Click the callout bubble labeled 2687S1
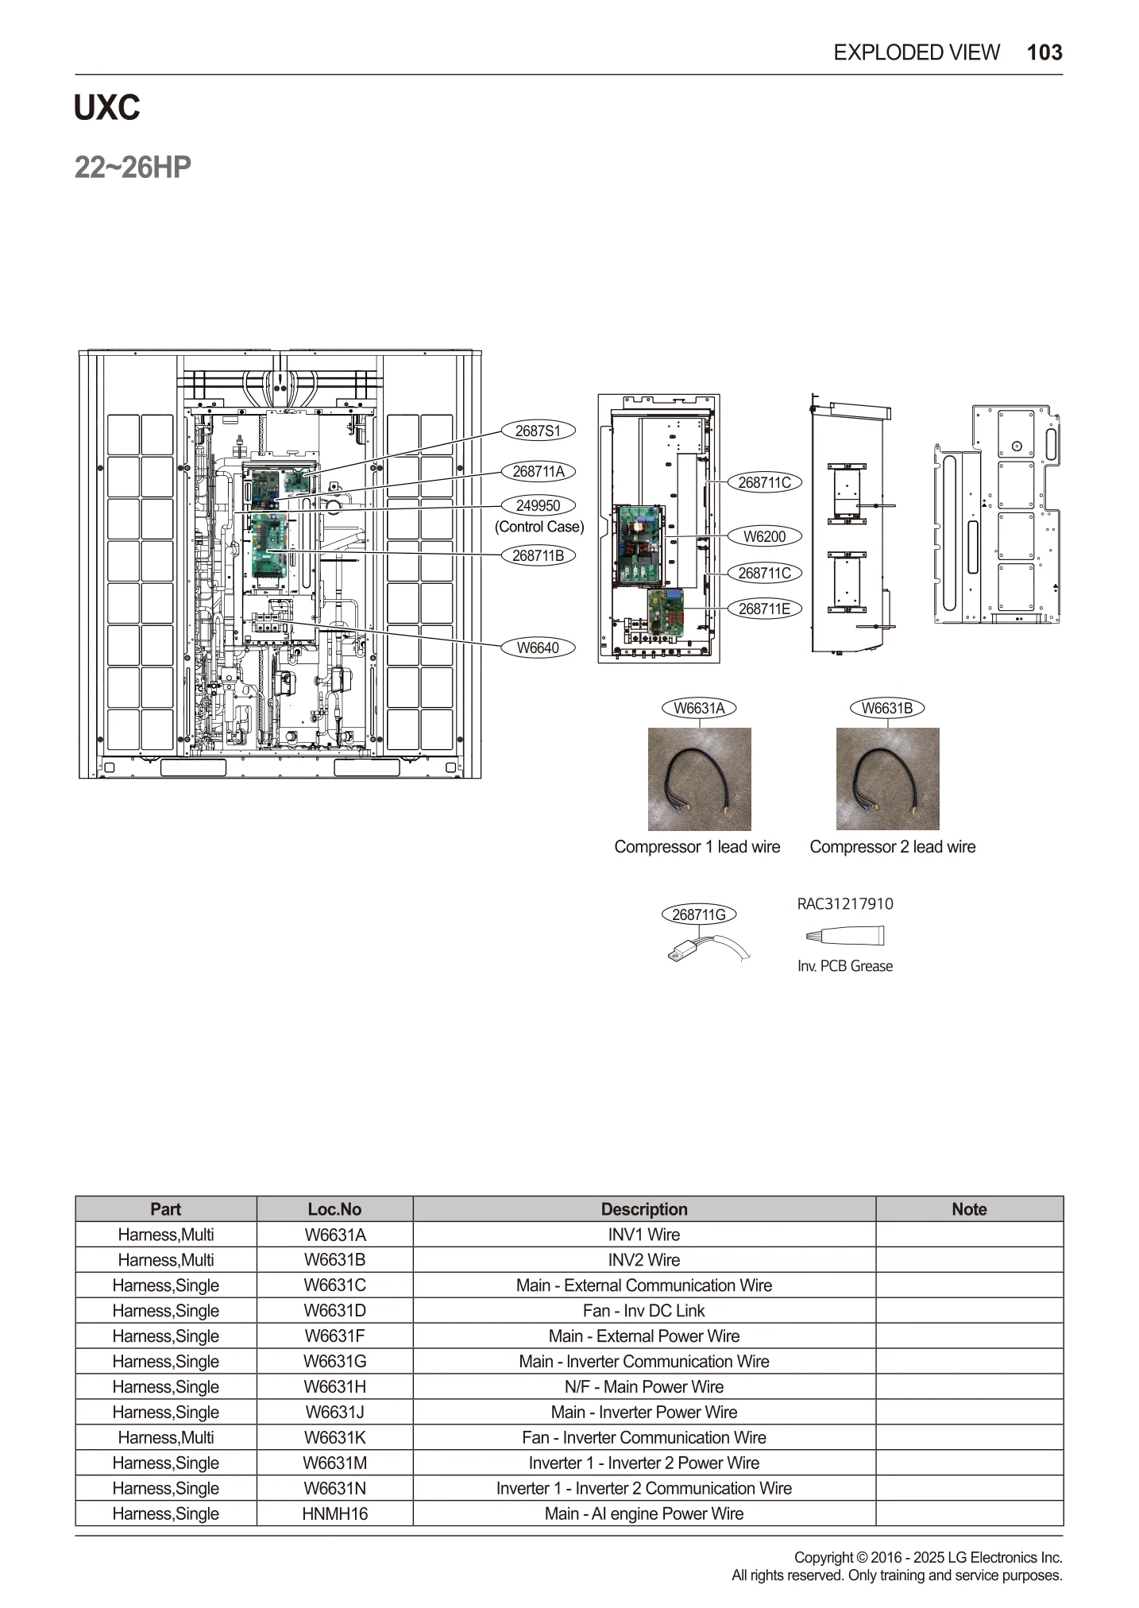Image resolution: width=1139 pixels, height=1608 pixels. (x=538, y=431)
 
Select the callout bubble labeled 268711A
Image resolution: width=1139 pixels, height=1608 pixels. (x=538, y=471)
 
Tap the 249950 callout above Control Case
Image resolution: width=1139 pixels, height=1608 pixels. (x=538, y=505)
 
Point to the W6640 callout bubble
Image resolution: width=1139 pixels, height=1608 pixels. (x=538, y=647)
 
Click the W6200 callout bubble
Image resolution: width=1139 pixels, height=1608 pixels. (x=764, y=536)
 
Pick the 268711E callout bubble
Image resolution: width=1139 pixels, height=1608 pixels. (x=764, y=609)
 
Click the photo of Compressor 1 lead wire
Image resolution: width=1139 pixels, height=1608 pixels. (x=699, y=779)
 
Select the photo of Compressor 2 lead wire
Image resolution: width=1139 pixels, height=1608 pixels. (x=887, y=779)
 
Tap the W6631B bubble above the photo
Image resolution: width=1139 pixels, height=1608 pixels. (x=886, y=708)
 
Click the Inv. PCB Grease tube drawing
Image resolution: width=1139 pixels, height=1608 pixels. (x=844, y=936)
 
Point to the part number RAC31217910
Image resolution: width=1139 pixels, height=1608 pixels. (x=844, y=903)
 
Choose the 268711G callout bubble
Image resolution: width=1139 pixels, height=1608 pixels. (x=698, y=914)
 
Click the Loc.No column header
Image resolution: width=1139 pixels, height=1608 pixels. (x=334, y=1209)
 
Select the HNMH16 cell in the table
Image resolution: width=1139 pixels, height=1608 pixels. (x=334, y=1513)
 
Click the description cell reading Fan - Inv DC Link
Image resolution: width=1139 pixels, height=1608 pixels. (x=643, y=1311)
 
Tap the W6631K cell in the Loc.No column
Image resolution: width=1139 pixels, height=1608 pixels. (x=334, y=1437)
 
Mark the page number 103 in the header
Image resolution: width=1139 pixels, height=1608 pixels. (x=1044, y=52)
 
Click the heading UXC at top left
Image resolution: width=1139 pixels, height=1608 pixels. (x=106, y=108)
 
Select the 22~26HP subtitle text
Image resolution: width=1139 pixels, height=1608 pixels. (x=133, y=168)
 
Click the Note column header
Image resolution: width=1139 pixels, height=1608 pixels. (x=968, y=1209)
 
